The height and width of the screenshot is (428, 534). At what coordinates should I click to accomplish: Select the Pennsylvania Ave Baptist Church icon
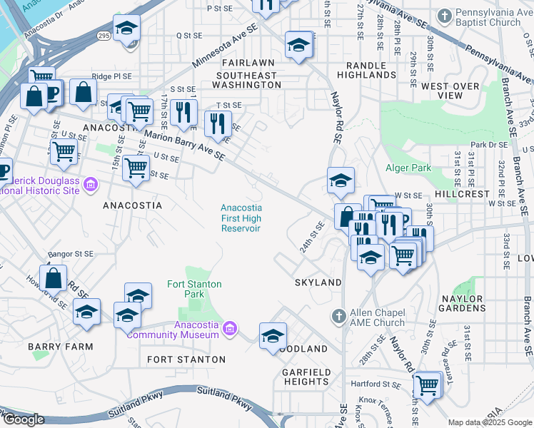[444, 15]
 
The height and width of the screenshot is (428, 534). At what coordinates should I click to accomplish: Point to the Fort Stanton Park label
[194, 289]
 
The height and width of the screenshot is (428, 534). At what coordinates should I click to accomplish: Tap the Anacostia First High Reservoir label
[241, 218]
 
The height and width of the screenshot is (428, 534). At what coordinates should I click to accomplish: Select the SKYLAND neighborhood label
[318, 282]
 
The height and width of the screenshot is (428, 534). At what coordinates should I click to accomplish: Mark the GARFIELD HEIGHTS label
[306, 377]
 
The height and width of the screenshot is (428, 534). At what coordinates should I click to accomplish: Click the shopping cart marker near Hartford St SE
[426, 385]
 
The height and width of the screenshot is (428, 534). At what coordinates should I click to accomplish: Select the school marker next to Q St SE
[127, 29]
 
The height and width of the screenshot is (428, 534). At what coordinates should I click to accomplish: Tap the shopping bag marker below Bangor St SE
[54, 278]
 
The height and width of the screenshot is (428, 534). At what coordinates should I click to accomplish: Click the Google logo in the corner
[23, 420]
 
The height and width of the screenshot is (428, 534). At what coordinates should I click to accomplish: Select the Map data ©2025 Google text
[490, 422]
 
